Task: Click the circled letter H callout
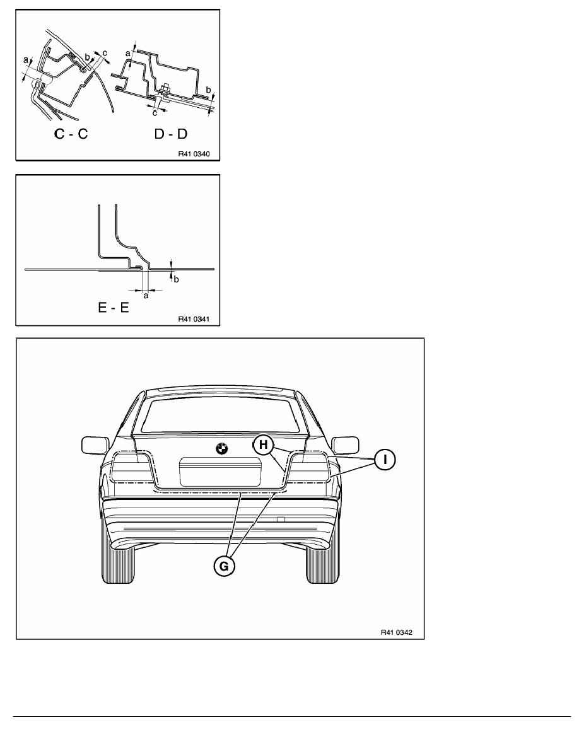tap(263, 445)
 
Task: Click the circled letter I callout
tap(385, 460)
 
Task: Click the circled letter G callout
tap(224, 566)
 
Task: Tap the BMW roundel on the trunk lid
tap(221, 449)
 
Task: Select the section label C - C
tap(71, 134)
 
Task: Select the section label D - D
tap(170, 134)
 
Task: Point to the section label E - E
tap(114, 307)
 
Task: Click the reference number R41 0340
tap(194, 154)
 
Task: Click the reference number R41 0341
tap(194, 320)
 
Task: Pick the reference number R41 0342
tap(396, 632)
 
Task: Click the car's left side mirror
tap(93, 444)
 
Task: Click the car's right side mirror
tap(346, 444)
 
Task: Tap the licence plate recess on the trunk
tap(219, 472)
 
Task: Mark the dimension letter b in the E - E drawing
tap(176, 279)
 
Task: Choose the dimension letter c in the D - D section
tap(155, 113)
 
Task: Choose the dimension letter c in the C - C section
tap(105, 52)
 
